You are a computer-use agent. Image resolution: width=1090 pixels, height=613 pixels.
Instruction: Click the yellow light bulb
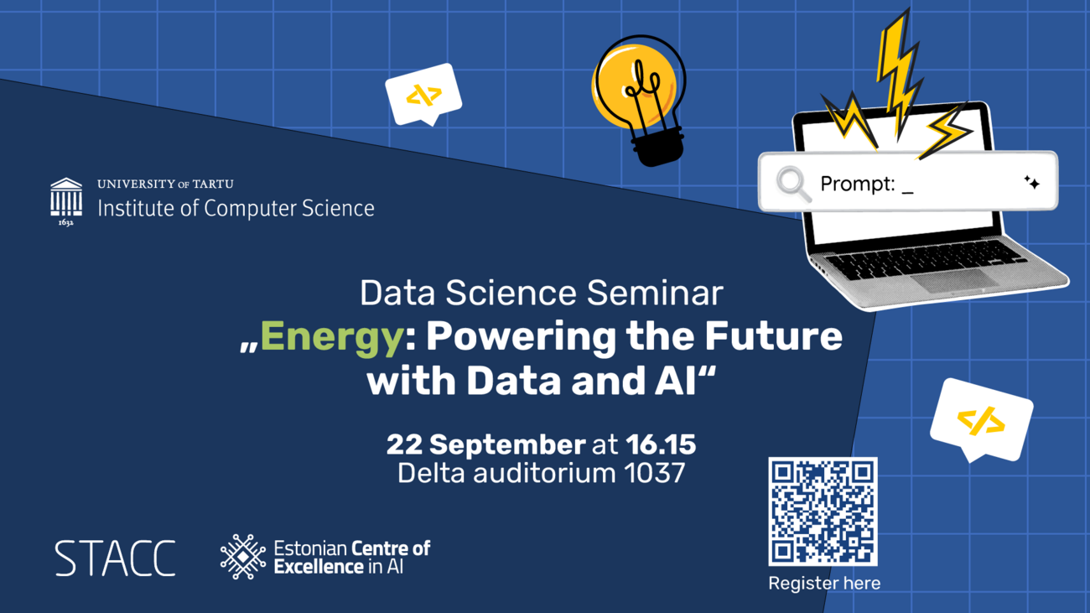pos(638,100)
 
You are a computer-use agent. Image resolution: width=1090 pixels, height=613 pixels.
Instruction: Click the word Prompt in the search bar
pos(858,184)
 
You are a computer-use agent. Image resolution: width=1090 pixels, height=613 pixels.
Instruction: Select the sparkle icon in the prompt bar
pos(1031,183)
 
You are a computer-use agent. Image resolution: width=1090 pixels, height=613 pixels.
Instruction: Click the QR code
pos(823,512)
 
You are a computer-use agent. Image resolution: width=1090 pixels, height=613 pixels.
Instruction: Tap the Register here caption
pos(824,583)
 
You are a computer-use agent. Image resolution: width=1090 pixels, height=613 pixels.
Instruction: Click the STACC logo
pos(116,558)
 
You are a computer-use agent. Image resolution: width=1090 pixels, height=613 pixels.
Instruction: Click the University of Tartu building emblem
pos(66,201)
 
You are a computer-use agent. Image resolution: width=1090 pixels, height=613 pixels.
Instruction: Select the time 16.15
pos(661,444)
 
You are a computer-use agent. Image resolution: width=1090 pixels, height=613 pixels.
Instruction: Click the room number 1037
pos(655,473)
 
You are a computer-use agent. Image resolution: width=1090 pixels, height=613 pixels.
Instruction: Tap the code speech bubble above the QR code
pos(982,420)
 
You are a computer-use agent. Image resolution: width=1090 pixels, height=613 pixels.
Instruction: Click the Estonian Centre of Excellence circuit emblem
pos(243,557)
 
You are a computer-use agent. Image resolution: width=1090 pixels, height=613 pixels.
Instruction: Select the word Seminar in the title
pos(655,294)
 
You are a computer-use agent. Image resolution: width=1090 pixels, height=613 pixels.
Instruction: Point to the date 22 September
pos(485,445)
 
